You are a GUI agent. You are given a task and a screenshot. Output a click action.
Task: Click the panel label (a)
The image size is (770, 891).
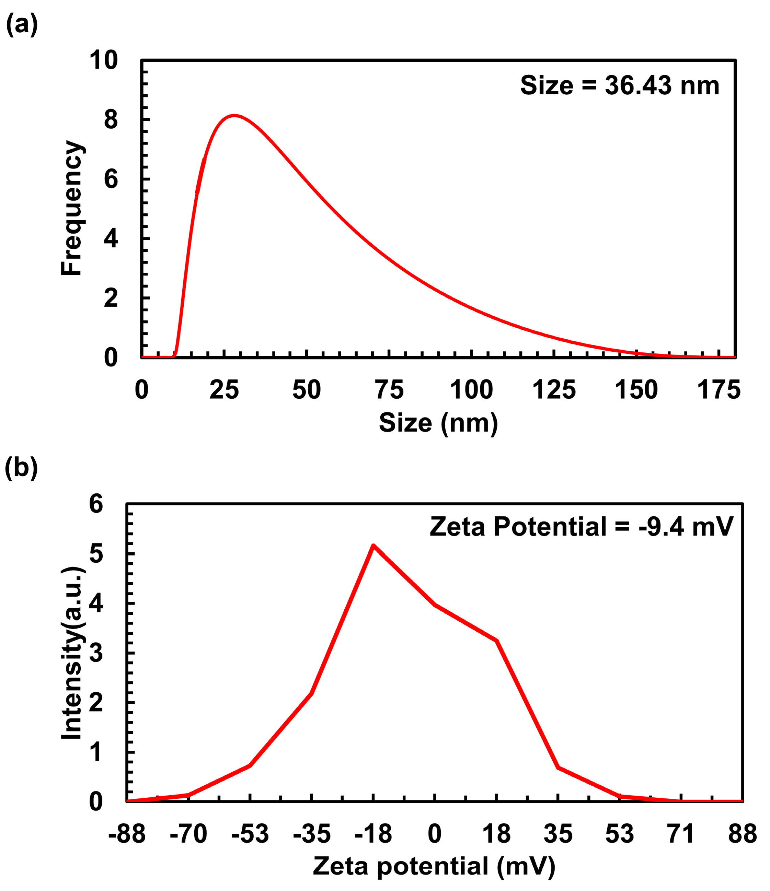point(22,25)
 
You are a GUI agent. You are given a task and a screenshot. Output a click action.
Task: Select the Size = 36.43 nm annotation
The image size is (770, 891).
point(619,85)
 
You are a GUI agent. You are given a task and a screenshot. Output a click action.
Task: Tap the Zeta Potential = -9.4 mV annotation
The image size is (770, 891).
point(581,526)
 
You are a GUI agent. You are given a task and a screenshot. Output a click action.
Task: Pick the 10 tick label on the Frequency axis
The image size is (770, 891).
point(103,60)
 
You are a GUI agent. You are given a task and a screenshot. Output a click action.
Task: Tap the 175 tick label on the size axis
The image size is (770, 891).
point(719,390)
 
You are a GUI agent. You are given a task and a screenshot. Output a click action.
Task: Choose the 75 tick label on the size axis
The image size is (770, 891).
point(389,390)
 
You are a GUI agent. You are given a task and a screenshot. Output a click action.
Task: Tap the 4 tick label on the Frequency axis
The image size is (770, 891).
point(111,239)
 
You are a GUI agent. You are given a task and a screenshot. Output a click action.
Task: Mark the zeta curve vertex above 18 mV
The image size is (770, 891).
point(496,641)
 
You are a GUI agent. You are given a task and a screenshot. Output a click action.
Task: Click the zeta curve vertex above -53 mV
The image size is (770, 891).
point(250,765)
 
